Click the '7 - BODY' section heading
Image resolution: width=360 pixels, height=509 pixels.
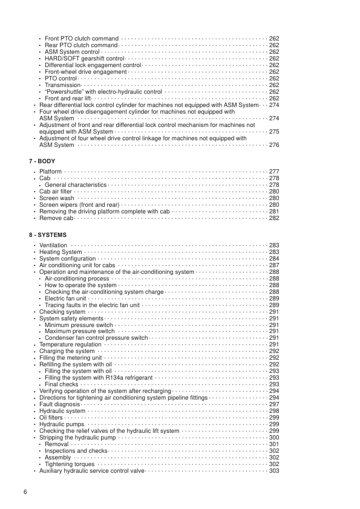(x=44, y=161)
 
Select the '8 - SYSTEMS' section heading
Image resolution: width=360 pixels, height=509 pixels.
(x=48, y=235)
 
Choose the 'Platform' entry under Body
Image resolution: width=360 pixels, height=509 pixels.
(x=50, y=172)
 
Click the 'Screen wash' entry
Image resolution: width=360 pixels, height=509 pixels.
(x=57, y=198)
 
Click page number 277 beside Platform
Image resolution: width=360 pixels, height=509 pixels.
(x=273, y=172)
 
